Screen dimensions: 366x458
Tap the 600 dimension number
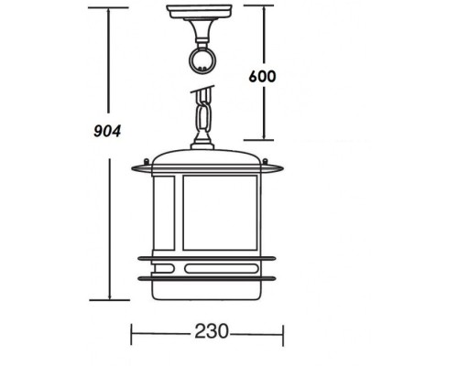click(x=262, y=76)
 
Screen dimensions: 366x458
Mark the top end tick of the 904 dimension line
click(x=110, y=9)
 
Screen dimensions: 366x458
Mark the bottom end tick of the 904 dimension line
click(x=110, y=300)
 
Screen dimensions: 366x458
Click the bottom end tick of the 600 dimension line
click(x=266, y=140)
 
